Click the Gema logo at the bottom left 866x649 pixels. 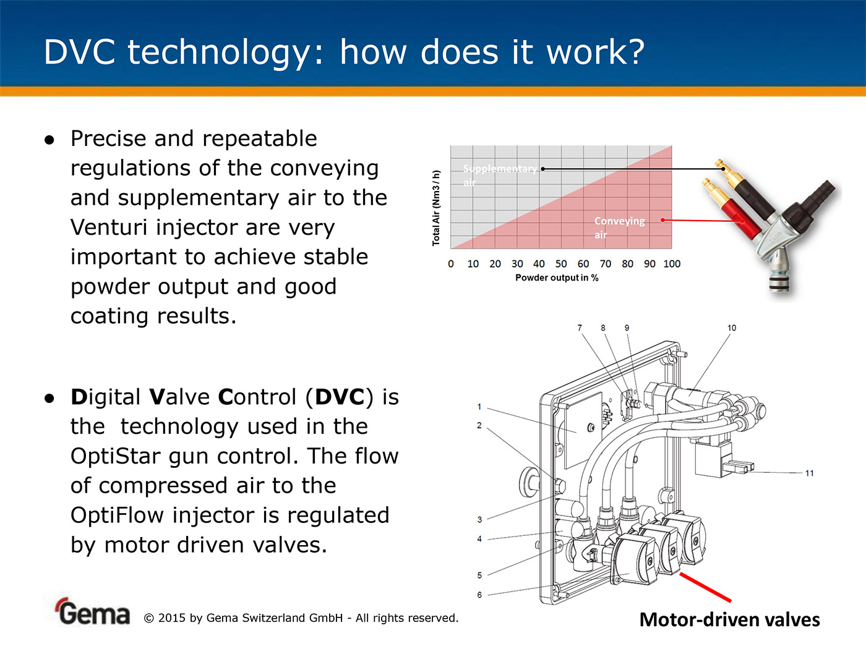[92, 612]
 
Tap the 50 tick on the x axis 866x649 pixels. [561, 264]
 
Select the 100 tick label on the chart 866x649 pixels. [672, 264]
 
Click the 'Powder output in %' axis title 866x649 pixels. [557, 278]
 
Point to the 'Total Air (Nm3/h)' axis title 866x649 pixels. [436, 208]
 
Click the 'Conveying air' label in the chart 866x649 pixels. [619, 227]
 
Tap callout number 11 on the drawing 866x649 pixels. [809, 473]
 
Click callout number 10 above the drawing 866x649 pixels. [732, 328]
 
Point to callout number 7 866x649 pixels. [580, 328]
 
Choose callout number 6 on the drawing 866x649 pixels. [479, 595]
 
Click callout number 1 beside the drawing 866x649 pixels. [479, 407]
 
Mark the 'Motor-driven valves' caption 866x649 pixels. [729, 620]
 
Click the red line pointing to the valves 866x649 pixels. [705, 588]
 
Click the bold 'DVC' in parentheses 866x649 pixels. [340, 397]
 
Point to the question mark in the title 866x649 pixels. [635, 52]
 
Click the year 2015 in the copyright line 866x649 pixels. [171, 618]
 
